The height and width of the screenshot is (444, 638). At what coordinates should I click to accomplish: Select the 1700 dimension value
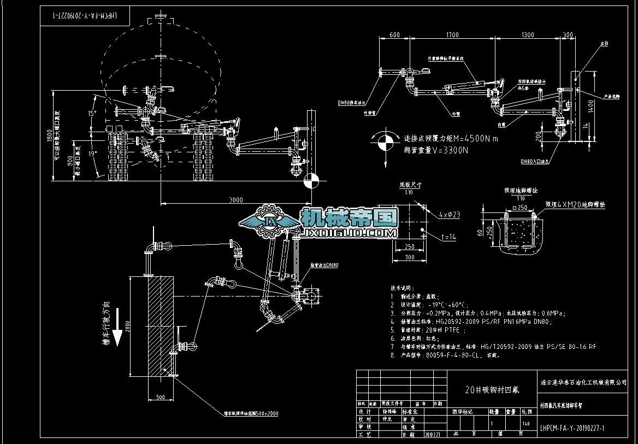[452, 35]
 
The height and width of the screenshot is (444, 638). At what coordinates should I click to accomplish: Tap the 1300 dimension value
[528, 35]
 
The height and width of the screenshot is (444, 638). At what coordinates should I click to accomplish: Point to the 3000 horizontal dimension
[235, 200]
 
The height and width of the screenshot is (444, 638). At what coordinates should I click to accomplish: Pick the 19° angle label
[93, 154]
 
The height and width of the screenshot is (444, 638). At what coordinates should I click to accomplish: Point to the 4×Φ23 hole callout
[448, 215]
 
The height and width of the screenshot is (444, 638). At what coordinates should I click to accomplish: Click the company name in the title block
[583, 382]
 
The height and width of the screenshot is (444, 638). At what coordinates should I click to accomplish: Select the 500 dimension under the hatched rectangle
[160, 397]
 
